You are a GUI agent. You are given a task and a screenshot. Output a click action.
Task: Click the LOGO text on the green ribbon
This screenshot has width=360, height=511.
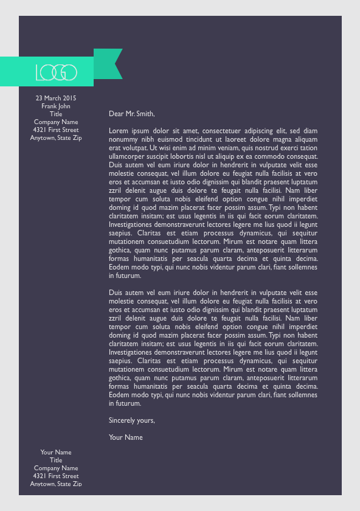(x=56, y=72)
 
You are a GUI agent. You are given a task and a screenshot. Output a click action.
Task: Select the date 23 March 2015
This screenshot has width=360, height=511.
(x=56, y=98)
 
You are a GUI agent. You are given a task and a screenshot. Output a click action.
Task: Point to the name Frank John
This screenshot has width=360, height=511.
(x=56, y=106)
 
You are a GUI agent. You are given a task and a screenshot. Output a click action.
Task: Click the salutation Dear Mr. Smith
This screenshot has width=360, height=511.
(x=132, y=113)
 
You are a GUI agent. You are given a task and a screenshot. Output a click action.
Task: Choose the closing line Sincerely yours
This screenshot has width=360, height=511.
(x=132, y=420)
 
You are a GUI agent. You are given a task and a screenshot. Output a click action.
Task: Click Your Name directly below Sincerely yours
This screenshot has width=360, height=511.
(x=126, y=437)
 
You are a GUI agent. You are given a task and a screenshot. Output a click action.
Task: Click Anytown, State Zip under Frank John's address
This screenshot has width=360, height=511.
(x=56, y=137)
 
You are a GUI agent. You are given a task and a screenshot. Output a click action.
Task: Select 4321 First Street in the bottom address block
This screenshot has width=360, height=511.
(x=56, y=476)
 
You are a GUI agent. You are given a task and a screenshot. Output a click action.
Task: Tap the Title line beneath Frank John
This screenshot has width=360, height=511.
(x=56, y=114)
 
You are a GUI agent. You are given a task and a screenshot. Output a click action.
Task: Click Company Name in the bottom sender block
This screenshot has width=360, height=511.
(x=56, y=468)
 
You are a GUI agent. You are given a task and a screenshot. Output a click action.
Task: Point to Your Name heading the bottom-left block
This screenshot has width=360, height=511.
(x=56, y=452)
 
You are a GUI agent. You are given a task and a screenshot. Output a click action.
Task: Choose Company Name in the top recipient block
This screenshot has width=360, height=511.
(x=56, y=122)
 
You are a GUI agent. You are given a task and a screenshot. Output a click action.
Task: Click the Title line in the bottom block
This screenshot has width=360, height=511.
(x=56, y=460)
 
